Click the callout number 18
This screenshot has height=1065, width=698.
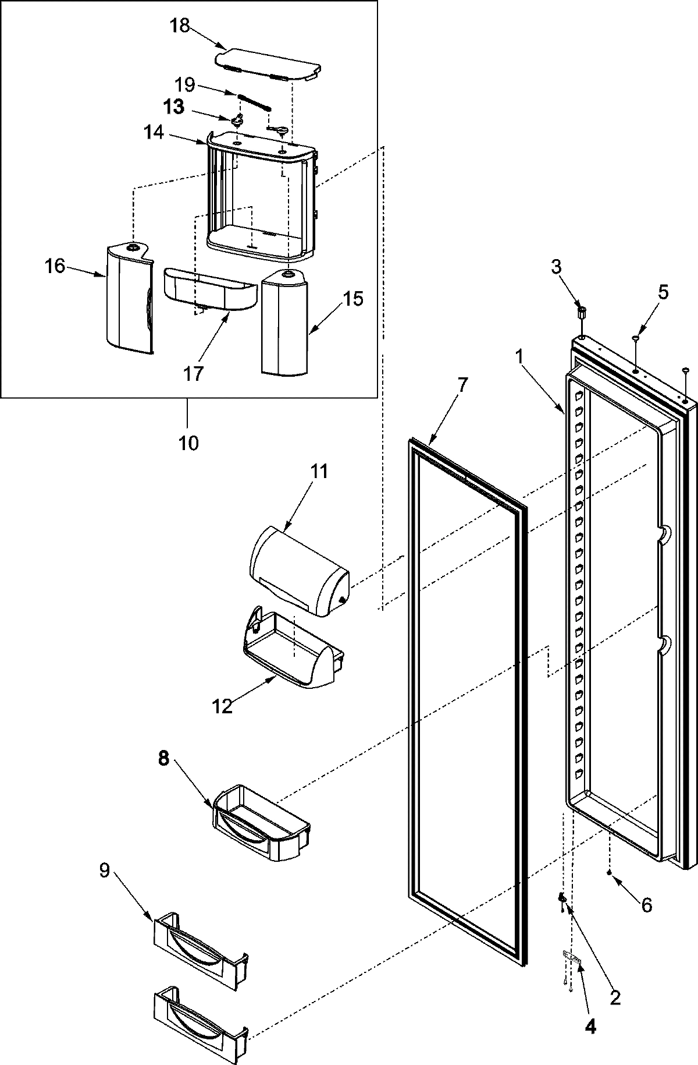[x=180, y=26]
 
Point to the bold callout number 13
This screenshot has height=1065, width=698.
[x=174, y=107]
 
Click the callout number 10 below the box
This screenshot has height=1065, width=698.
[x=188, y=443]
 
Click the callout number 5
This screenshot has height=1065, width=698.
[x=663, y=292]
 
